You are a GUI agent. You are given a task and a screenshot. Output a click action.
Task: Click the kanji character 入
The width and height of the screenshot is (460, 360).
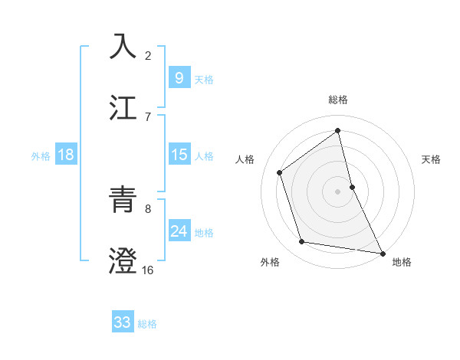[x=123, y=46]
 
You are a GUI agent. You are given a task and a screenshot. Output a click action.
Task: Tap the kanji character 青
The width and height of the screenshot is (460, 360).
[x=123, y=201]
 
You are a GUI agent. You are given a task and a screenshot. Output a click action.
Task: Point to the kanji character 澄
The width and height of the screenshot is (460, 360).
[x=123, y=260]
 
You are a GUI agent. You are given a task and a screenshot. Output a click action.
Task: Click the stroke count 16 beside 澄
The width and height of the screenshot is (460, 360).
[x=147, y=270]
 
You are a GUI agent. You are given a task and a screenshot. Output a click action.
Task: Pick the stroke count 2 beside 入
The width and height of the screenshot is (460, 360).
[x=147, y=55]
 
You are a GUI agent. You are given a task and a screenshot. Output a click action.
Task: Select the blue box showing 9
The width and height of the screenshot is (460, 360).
[x=179, y=79]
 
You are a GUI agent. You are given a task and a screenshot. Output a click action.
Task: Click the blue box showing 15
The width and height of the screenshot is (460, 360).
[x=179, y=155]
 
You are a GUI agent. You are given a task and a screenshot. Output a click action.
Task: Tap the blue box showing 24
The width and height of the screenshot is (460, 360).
[x=179, y=232]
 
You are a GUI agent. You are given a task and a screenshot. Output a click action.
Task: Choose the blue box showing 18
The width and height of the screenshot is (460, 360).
[x=66, y=155]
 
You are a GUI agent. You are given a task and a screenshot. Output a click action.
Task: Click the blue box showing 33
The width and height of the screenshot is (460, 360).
[x=122, y=323]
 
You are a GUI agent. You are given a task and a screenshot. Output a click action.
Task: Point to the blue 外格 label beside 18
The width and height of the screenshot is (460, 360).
[x=41, y=156]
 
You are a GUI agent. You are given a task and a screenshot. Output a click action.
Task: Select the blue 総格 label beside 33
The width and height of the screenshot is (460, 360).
[x=147, y=324]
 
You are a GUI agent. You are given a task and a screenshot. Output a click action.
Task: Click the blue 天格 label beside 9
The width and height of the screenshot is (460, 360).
[x=203, y=80]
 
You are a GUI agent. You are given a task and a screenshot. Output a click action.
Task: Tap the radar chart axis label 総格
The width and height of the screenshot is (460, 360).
[x=338, y=100]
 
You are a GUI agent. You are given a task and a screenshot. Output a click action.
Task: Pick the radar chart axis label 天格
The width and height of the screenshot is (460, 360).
[x=432, y=159]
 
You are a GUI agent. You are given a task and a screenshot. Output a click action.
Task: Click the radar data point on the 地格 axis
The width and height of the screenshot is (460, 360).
[x=382, y=252]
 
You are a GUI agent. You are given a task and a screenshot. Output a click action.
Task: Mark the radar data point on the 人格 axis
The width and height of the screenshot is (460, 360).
[x=280, y=172]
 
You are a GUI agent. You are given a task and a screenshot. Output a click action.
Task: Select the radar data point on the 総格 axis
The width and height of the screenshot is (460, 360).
[x=338, y=130]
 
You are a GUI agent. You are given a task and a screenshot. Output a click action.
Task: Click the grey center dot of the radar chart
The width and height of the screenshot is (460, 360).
[x=338, y=191]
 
